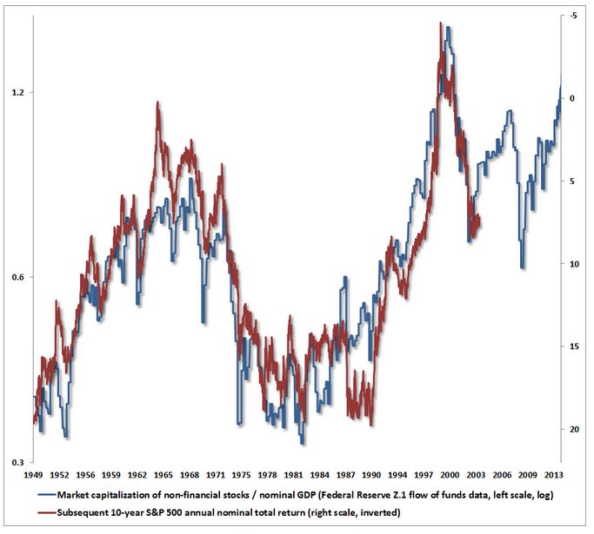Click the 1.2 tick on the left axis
click(15, 92)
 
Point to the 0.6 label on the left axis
click(15, 277)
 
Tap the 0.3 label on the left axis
click(15, 461)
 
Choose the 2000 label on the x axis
click(451, 476)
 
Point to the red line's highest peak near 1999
click(441, 23)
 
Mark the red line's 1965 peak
click(157, 102)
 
